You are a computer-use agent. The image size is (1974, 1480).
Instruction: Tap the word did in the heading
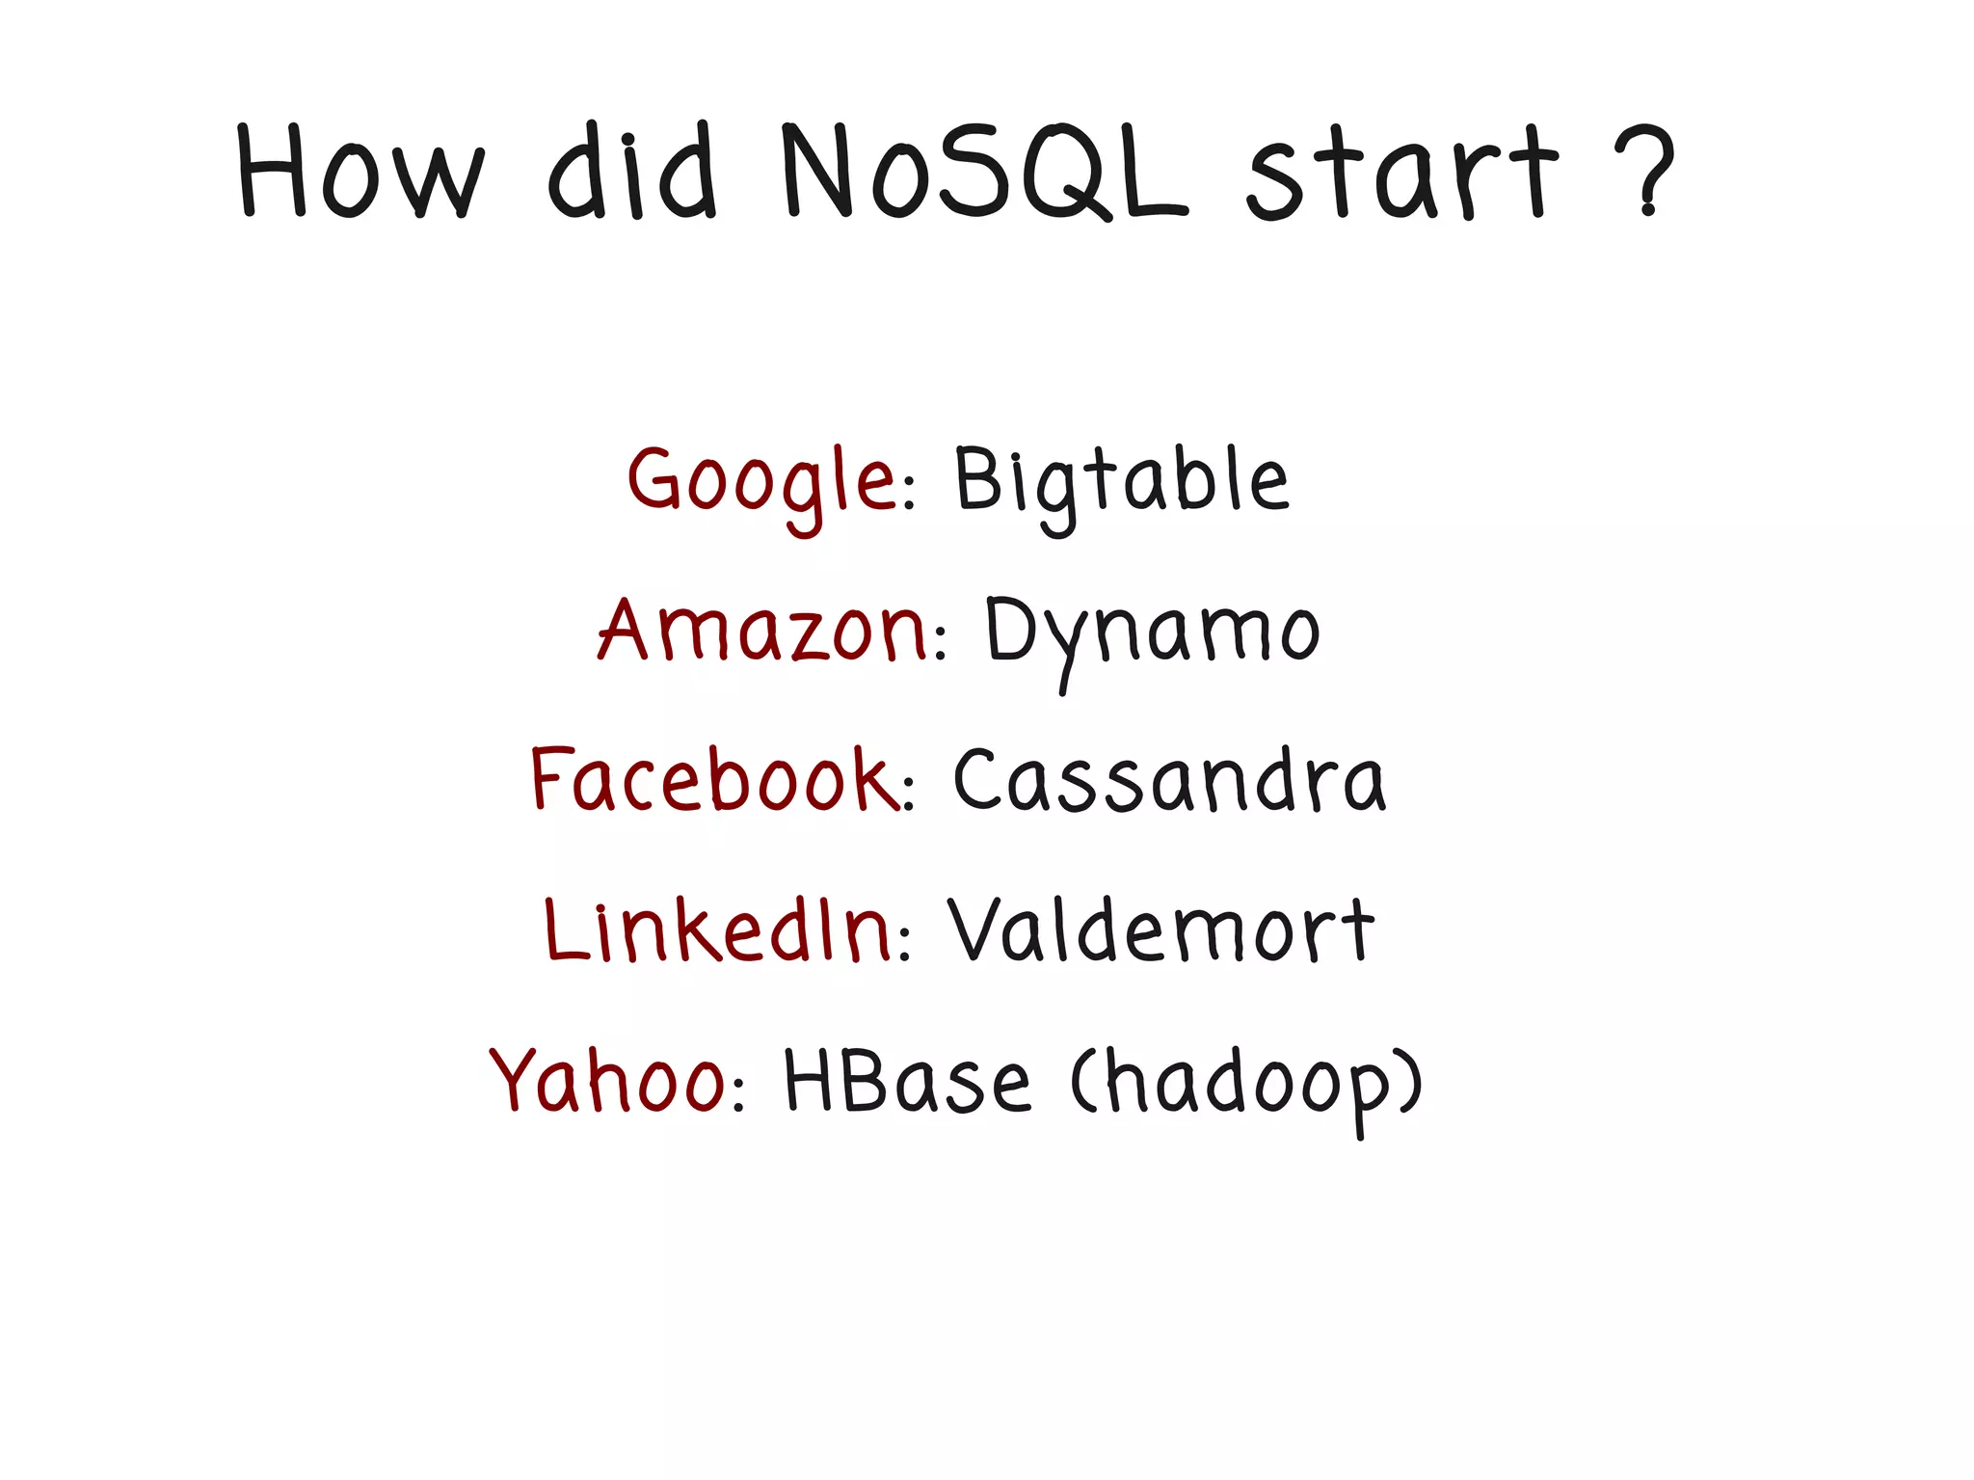[632, 172]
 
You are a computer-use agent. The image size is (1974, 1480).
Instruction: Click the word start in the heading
[1401, 174]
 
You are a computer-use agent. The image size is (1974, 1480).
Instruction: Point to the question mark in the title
[1647, 170]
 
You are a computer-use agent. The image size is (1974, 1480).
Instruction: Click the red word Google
[761, 482]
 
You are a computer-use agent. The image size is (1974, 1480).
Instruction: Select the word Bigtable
[1121, 482]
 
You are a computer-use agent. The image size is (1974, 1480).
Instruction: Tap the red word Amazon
[761, 632]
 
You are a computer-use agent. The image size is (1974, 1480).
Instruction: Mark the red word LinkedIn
[718, 929]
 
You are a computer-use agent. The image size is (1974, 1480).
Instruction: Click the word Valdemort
[1161, 929]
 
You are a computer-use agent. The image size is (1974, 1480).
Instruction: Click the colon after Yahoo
[739, 1092]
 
